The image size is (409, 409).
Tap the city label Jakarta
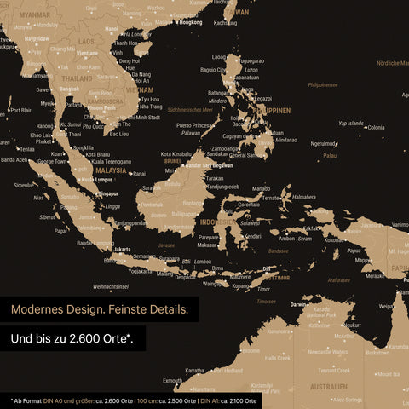(x=122, y=250)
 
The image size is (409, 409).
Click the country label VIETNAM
(x=140, y=89)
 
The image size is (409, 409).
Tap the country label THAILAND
(x=77, y=78)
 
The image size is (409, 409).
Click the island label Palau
(x=330, y=156)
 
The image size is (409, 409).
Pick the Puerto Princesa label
(x=196, y=125)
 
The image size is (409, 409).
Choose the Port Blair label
(x=20, y=110)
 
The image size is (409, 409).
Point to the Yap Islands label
(x=350, y=123)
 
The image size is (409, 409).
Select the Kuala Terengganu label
(x=108, y=160)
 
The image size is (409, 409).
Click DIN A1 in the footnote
(x=210, y=400)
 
